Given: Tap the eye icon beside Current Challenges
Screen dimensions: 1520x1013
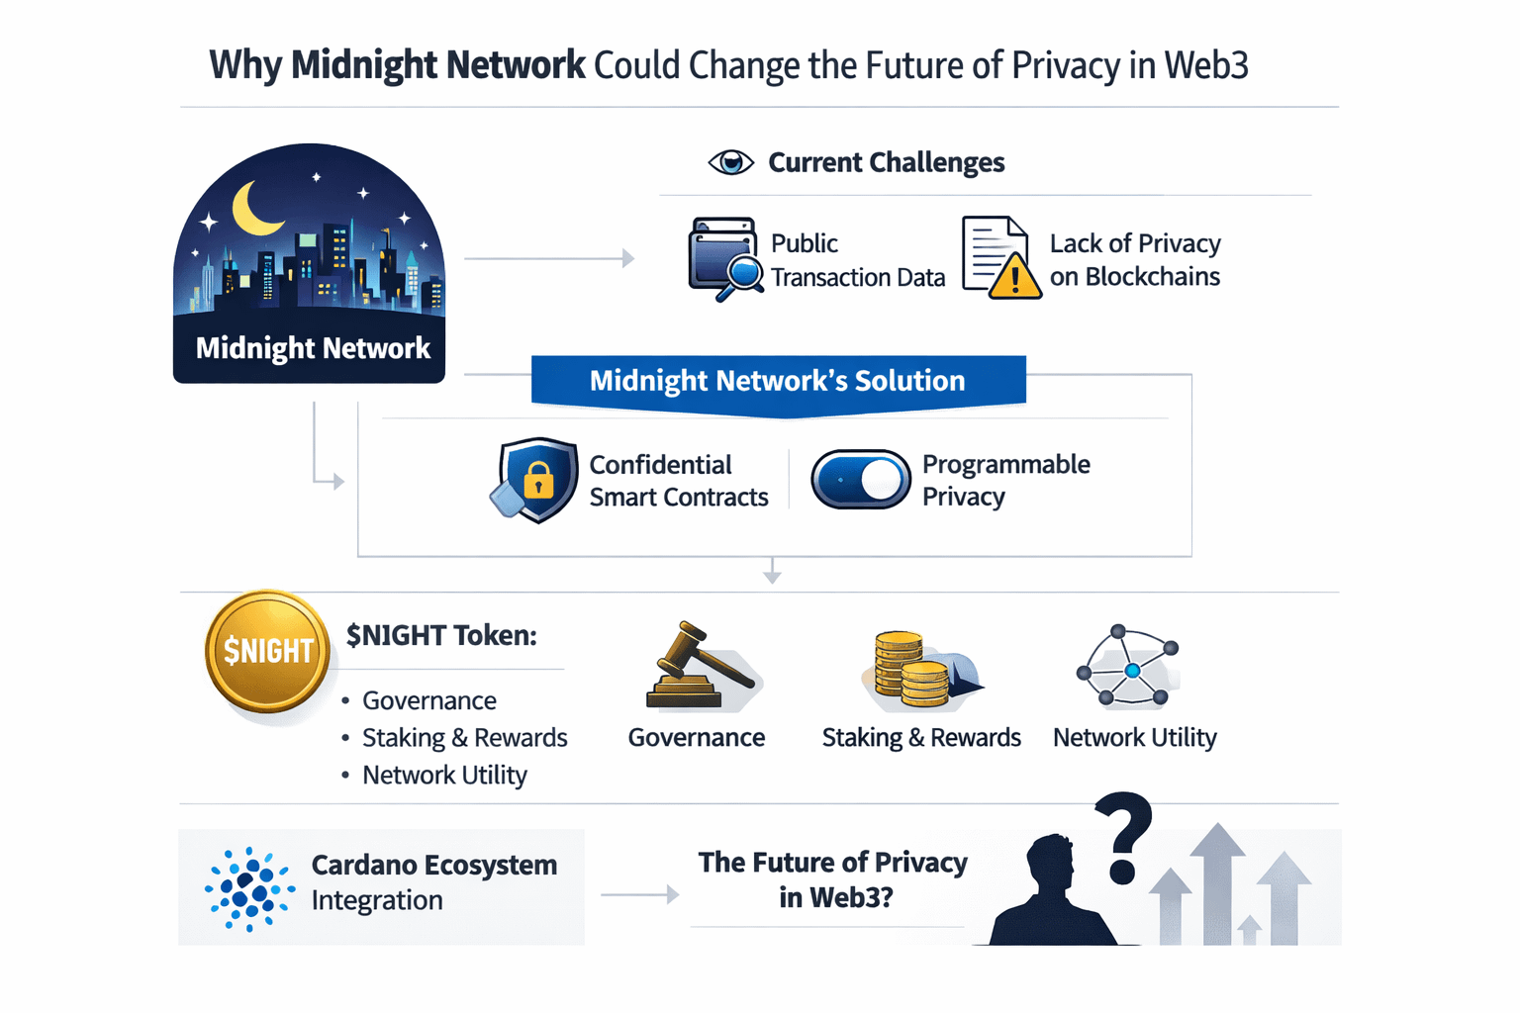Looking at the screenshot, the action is pyautogui.click(x=730, y=163).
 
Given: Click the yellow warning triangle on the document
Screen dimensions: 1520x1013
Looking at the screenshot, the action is pyautogui.click(x=1014, y=277).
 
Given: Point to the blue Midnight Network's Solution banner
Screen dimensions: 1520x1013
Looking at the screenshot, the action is pyautogui.click(x=779, y=384).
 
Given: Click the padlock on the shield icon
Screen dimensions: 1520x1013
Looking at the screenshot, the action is pyautogui.click(x=538, y=480).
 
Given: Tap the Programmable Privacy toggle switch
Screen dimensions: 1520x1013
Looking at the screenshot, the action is pyautogui.click(x=860, y=479).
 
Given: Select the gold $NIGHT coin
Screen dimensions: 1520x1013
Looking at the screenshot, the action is pyautogui.click(x=267, y=651).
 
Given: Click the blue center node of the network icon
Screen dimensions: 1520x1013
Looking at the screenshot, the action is pyautogui.click(x=1132, y=671).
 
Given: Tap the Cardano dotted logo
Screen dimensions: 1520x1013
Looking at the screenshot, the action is pyautogui.click(x=249, y=888).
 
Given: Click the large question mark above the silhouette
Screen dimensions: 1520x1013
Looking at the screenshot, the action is pyautogui.click(x=1123, y=839).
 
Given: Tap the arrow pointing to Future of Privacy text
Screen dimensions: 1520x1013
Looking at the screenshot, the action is pyautogui.click(x=640, y=895).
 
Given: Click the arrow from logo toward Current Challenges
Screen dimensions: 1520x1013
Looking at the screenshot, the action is pyautogui.click(x=549, y=258).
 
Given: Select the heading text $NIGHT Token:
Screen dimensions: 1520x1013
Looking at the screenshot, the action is pyautogui.click(x=441, y=636).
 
